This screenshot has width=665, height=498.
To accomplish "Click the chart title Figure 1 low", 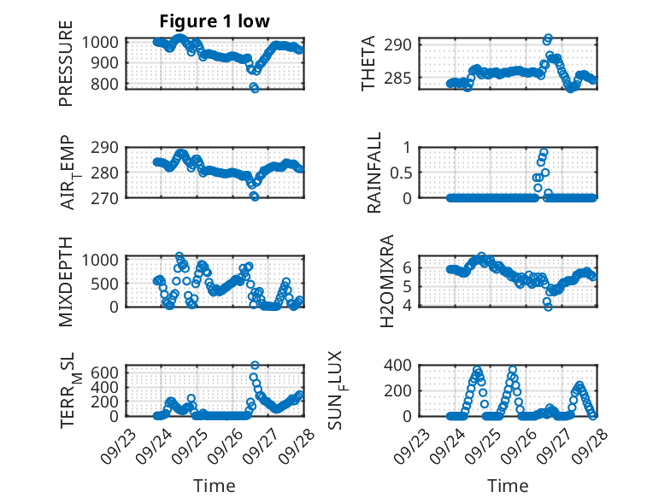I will [215, 22].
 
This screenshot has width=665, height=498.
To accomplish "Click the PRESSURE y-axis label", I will [66, 70].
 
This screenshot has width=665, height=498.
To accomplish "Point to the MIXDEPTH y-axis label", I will [66, 281].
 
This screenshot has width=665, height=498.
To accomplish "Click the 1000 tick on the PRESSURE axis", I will [103, 42].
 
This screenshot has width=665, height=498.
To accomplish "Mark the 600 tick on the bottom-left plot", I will [109, 372].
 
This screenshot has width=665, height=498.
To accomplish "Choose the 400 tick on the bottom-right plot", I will [403, 366].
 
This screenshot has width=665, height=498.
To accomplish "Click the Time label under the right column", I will [508, 485].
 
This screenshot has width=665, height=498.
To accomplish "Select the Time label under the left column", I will [214, 485].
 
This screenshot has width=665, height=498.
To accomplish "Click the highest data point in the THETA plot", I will [548, 38].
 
